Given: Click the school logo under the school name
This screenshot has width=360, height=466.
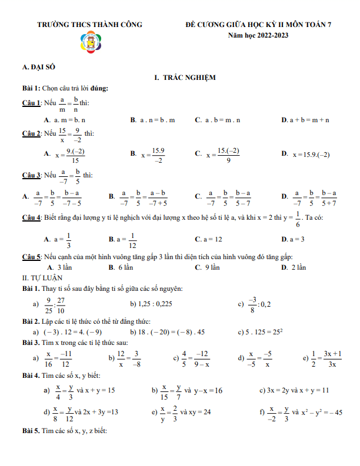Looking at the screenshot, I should (x=90, y=44).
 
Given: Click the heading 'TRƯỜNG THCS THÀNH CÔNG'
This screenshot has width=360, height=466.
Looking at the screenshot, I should (x=89, y=25).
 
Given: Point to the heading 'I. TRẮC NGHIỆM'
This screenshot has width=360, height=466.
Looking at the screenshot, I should (x=185, y=78).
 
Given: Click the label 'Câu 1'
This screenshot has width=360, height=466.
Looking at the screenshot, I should (x=31, y=103).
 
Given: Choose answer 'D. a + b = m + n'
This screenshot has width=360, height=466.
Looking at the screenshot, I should (x=305, y=119).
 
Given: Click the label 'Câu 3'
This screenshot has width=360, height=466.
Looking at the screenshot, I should (x=31, y=175).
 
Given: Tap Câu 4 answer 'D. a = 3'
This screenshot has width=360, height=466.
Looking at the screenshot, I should (x=292, y=239).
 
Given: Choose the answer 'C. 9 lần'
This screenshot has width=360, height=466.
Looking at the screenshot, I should (x=207, y=267).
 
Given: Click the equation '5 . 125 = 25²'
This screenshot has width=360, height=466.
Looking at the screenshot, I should (x=261, y=331).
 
